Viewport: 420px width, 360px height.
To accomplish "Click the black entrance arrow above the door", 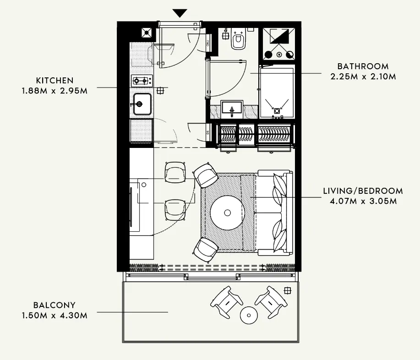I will [x=180, y=13].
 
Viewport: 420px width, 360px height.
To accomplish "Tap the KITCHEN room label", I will [x=55, y=80].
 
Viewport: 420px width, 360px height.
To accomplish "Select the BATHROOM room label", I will [x=363, y=66].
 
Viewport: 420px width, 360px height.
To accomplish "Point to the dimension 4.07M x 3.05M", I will [x=363, y=201].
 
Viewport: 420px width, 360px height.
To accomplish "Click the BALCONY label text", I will [x=55, y=305].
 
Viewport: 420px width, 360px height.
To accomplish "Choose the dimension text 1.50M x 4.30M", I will [x=55, y=315].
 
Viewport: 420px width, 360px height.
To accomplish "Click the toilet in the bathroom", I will [x=238, y=40].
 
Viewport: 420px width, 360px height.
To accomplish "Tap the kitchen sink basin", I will [x=142, y=105].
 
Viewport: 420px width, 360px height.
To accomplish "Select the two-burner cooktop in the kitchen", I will [x=142, y=82].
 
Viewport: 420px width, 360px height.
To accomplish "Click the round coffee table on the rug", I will [x=228, y=213].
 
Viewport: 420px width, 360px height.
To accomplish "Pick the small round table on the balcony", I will [x=249, y=314].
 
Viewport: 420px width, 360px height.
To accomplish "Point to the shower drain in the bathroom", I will [x=277, y=110].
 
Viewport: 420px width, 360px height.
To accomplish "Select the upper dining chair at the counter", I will [x=175, y=172].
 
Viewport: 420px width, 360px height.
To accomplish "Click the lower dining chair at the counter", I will [x=175, y=209].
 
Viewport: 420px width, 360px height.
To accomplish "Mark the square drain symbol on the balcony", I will [x=287, y=290].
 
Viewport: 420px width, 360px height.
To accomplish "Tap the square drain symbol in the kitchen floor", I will [x=160, y=90].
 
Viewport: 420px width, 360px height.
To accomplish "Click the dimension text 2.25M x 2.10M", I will [x=363, y=76].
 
